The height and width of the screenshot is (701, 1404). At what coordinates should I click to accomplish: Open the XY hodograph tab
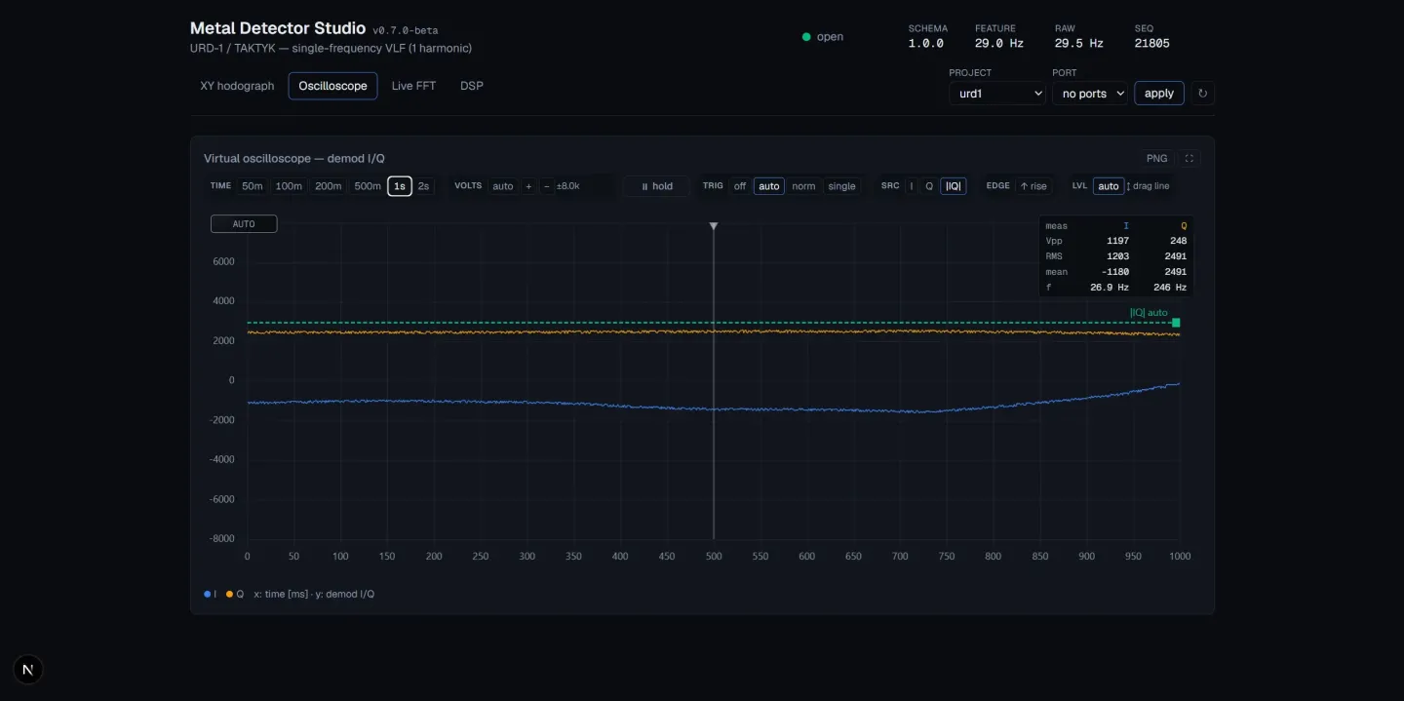[x=237, y=86]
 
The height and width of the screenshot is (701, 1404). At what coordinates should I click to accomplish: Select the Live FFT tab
[x=413, y=86]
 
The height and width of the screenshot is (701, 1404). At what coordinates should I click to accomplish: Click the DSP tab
[x=471, y=86]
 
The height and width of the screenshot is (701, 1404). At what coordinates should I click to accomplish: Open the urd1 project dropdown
[x=996, y=94]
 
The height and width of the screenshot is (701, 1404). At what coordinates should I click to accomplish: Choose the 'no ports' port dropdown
[x=1089, y=94]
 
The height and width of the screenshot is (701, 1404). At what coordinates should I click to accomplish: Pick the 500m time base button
[x=368, y=186]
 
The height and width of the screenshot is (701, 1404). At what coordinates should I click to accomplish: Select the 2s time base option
[x=423, y=186]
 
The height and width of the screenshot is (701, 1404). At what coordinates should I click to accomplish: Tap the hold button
[x=656, y=186]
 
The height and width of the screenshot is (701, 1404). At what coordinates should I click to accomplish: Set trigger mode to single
[x=841, y=186]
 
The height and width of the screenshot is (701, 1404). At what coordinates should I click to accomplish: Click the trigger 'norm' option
[x=803, y=186]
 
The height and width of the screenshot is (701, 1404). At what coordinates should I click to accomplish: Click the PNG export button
[x=1156, y=159]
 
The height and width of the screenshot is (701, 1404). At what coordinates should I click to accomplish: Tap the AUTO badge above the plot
[x=244, y=224]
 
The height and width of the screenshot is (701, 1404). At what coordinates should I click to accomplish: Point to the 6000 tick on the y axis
[x=224, y=261]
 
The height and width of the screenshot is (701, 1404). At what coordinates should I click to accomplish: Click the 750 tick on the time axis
[x=947, y=556]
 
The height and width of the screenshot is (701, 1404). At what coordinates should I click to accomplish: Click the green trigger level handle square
[x=1176, y=323]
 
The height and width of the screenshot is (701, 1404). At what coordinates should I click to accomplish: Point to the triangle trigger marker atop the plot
[x=714, y=226]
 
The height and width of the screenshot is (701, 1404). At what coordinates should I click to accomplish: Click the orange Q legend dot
[x=229, y=594]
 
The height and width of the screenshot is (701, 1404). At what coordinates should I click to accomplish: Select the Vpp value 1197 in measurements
[x=1117, y=241]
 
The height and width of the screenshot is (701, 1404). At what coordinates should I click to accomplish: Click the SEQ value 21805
[x=1151, y=43]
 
